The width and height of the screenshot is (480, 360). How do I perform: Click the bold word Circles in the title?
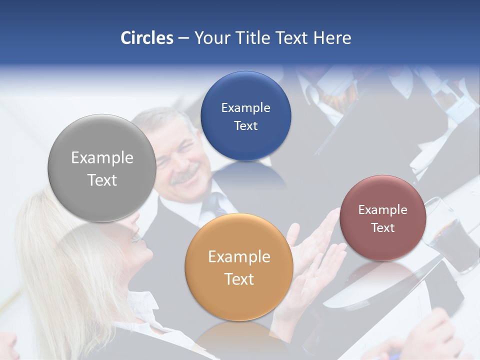[x=147, y=38]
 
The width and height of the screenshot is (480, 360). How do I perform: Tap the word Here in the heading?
[x=332, y=38]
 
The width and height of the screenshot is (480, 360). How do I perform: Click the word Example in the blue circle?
[x=245, y=108]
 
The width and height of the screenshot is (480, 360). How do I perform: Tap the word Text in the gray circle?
[x=102, y=180]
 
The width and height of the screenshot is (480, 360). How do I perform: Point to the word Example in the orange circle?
[x=239, y=257]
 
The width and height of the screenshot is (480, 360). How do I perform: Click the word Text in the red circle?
[x=383, y=228]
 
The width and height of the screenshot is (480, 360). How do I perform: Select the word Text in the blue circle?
[x=245, y=126]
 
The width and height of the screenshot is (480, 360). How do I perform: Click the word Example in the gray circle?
[x=102, y=158]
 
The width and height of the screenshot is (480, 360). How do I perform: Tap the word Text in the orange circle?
[x=239, y=279]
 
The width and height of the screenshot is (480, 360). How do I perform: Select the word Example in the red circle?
[x=383, y=210]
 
